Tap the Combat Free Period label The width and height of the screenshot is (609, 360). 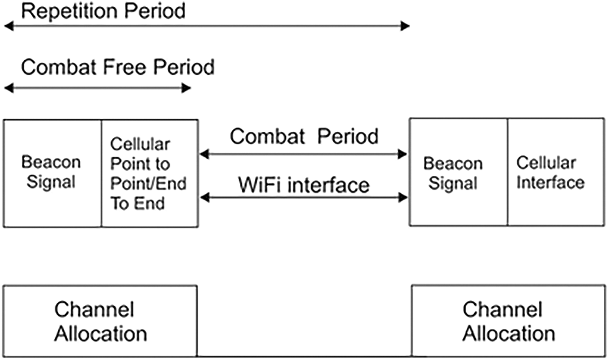click(x=117, y=67)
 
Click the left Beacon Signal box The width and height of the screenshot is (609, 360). click(x=52, y=173)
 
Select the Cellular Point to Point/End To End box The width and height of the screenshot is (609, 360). click(x=149, y=173)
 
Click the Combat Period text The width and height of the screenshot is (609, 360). click(x=304, y=136)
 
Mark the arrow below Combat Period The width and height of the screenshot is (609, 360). click(x=304, y=153)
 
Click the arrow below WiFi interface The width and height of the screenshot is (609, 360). click(x=304, y=198)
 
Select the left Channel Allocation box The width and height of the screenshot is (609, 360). click(x=101, y=321)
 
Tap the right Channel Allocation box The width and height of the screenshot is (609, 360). click(x=509, y=321)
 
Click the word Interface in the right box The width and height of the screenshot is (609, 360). click(x=551, y=182)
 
